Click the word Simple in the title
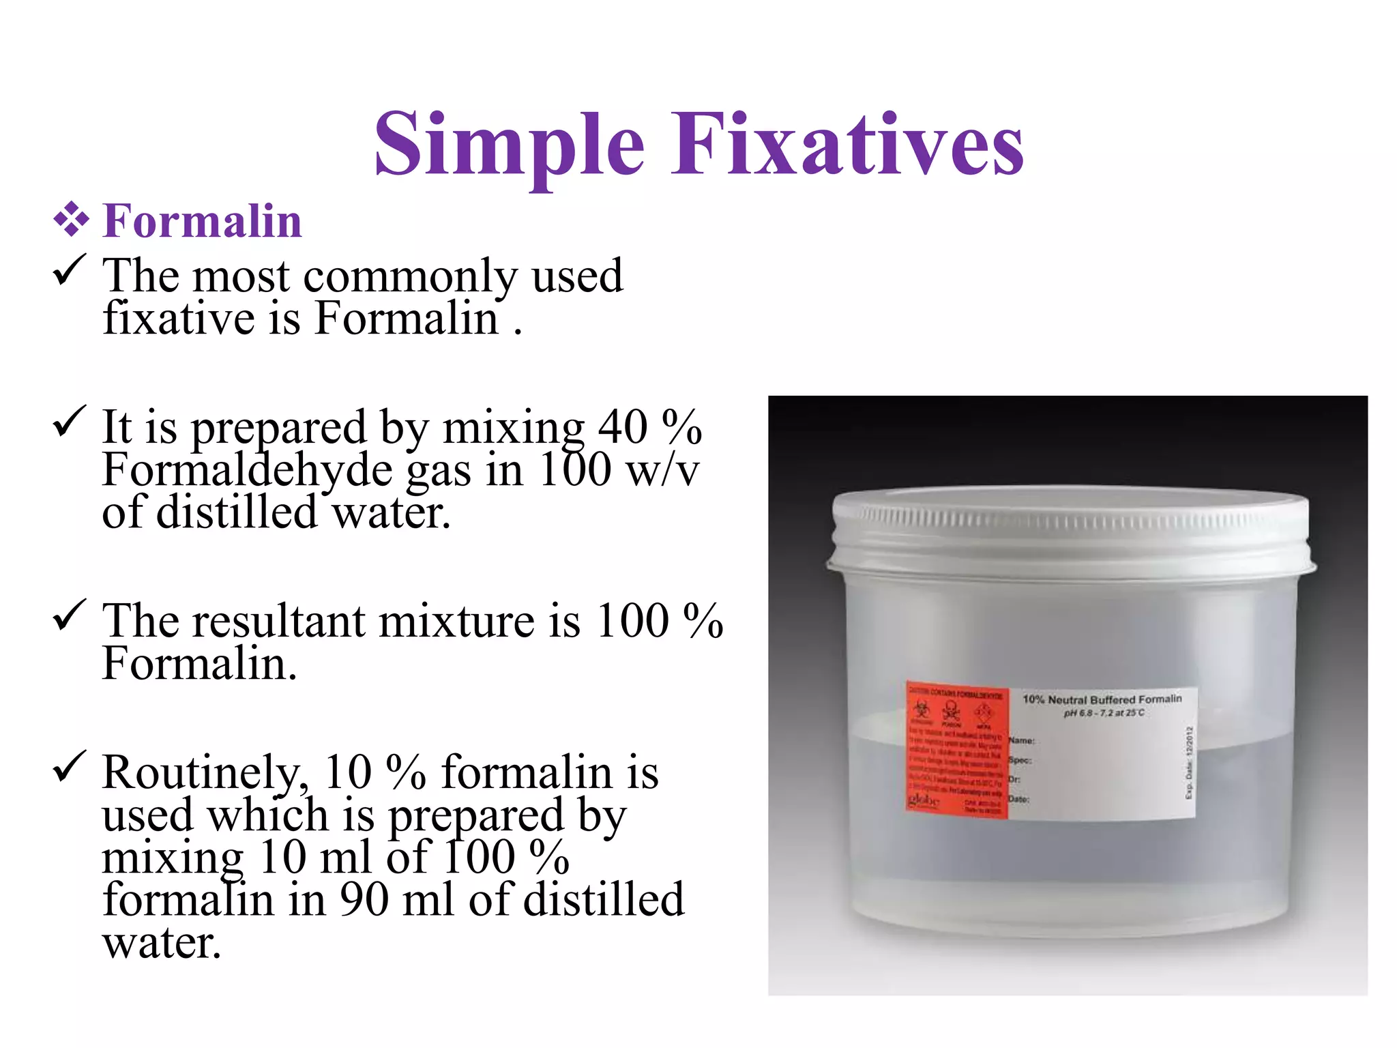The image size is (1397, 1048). [509, 145]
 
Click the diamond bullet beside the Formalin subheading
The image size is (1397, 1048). [71, 220]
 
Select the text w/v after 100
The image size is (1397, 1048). [662, 470]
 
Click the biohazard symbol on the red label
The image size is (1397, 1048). [922, 710]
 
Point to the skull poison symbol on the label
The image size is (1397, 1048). [952, 711]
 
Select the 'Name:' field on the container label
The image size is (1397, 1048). [1022, 740]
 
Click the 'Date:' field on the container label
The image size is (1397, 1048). [1018, 799]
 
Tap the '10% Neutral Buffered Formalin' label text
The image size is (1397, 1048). [1102, 699]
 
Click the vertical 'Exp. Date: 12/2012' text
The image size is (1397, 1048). [1189, 762]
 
